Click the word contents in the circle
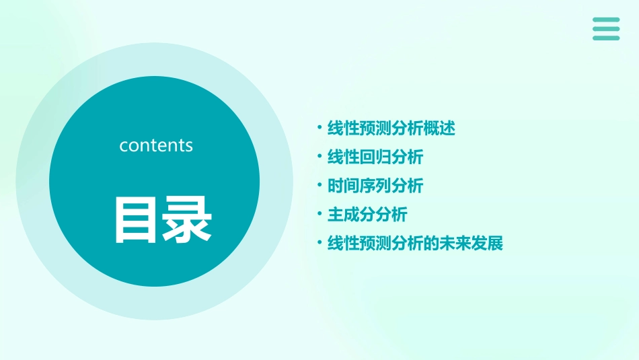tap(156, 145)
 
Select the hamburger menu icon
tap(606, 29)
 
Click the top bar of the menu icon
tap(606, 20)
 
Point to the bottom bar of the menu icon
tap(606, 38)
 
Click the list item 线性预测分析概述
tap(391, 129)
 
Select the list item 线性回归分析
tap(375, 157)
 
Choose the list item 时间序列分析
tap(375, 186)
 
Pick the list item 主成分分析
tap(367, 215)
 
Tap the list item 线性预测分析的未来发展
tap(415, 243)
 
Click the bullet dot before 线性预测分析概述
tap(319, 128)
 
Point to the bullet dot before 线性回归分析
tap(319, 157)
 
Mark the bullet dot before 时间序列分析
tap(319, 185)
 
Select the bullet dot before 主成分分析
tap(319, 214)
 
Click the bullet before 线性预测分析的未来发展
tap(319, 242)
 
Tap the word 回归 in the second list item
tap(375, 157)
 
